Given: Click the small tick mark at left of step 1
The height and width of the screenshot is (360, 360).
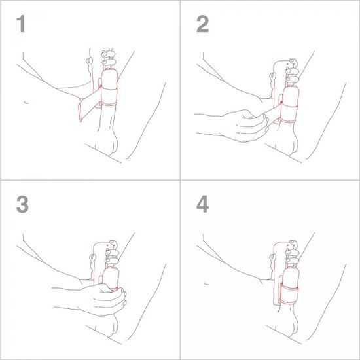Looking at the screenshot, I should click(25, 103).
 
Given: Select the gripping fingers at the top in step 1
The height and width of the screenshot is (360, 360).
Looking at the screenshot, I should click(109, 60).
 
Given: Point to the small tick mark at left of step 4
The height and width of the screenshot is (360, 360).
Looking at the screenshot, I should click(206, 283).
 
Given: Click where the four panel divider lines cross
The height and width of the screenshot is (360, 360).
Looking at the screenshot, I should click(180, 179).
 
